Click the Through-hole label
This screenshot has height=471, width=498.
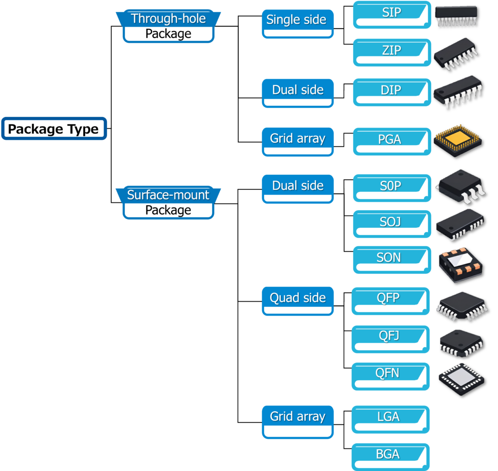[168, 19]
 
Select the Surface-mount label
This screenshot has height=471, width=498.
[168, 195]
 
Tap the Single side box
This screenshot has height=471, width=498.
[297, 20]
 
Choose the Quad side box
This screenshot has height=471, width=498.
[298, 298]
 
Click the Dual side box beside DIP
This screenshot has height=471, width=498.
[298, 90]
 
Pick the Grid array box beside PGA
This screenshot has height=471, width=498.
[298, 139]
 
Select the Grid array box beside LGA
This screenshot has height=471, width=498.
[298, 417]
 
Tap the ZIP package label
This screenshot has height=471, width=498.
[391, 50]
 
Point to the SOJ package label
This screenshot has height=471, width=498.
[391, 222]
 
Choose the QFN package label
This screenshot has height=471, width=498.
[388, 373]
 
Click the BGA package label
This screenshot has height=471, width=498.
[388, 454]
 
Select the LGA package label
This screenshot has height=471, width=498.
[388, 417]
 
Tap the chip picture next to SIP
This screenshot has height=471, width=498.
[456, 16]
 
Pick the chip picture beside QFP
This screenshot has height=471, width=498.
[462, 306]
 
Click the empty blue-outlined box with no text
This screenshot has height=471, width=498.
[54, 129]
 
